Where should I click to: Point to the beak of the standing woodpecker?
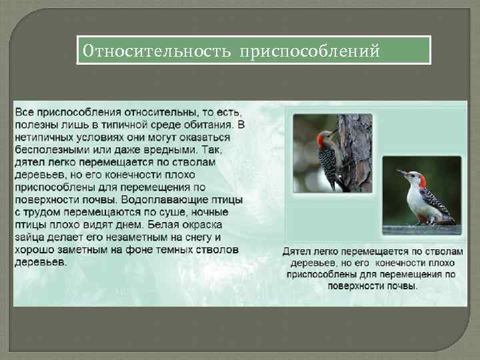click(x=401, y=173)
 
